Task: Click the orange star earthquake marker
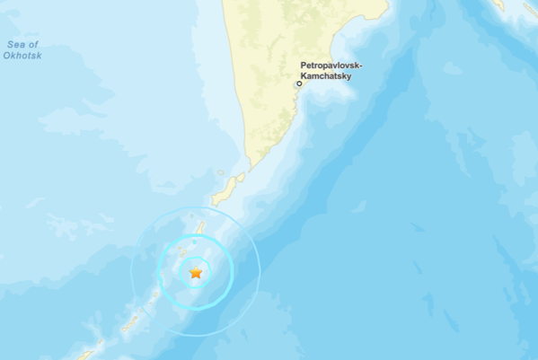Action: click(x=196, y=272)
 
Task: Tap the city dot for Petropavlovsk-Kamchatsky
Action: click(x=299, y=83)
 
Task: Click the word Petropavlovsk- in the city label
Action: click(x=331, y=66)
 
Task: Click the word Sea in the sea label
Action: click(x=13, y=45)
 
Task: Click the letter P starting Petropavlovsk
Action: click(x=304, y=66)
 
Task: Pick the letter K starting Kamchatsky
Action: click(x=301, y=77)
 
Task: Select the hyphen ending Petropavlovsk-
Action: click(x=359, y=66)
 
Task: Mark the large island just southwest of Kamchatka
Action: click(x=227, y=189)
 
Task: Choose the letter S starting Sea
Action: click(x=8, y=45)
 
